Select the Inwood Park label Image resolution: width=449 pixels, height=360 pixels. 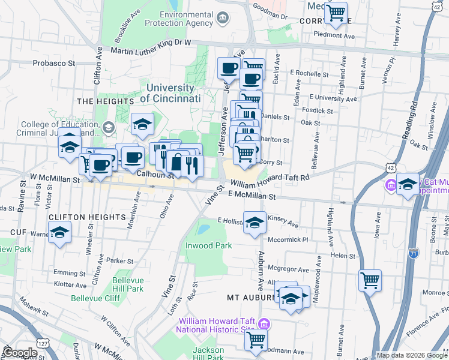(208, 245)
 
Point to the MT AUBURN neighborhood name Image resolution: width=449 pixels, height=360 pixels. (250, 298)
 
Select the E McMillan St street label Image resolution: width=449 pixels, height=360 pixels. (252, 196)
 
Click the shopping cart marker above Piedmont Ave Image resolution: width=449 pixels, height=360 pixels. (337, 12)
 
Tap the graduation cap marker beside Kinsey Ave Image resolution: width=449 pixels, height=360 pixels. (255, 221)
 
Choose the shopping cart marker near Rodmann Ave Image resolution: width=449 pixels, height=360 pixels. (256, 340)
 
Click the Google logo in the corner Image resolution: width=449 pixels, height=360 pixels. (19, 352)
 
